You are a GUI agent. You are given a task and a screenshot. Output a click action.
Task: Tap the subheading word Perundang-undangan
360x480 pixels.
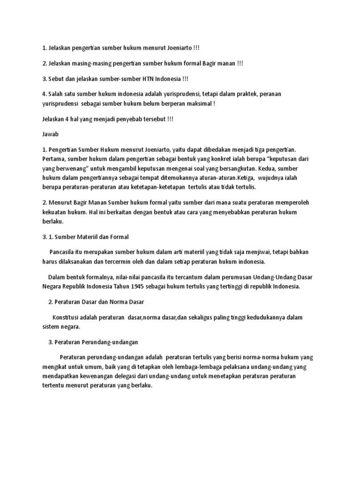112,342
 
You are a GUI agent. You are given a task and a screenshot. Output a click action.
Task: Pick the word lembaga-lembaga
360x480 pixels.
180,367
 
